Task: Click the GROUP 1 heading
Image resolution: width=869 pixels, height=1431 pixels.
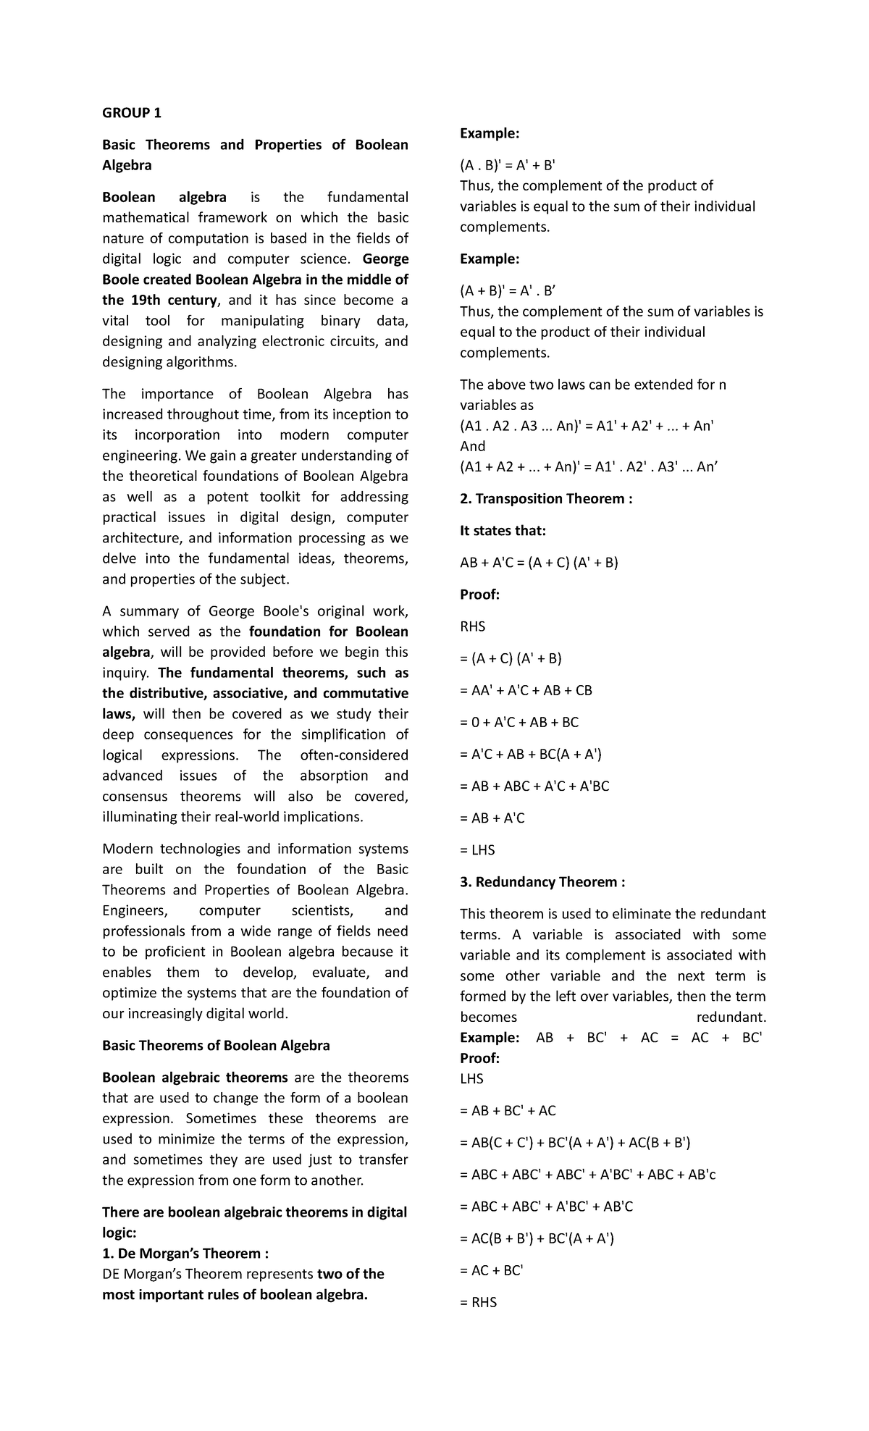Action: [x=132, y=113]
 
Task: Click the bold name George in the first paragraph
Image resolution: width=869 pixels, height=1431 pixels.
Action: [x=385, y=259]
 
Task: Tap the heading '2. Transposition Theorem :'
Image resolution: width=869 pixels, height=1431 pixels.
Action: [x=546, y=499]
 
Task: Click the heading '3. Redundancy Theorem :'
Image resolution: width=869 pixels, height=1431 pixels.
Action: [x=542, y=882]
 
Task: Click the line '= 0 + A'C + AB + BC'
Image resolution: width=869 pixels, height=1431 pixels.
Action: [x=519, y=722]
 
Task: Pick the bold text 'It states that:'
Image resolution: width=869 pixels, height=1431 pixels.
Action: [x=503, y=531]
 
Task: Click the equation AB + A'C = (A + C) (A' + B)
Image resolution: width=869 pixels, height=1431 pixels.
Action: [x=539, y=563]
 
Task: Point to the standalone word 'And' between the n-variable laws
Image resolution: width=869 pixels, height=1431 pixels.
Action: [x=473, y=447]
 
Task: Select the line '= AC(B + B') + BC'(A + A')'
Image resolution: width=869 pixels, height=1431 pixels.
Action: [x=537, y=1238]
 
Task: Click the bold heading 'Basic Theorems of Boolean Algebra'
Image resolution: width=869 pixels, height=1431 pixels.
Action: [x=216, y=1046]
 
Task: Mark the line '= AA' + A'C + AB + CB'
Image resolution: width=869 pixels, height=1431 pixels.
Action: [x=526, y=690]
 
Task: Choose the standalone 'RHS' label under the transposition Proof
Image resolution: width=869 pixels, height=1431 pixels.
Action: [x=473, y=626]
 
